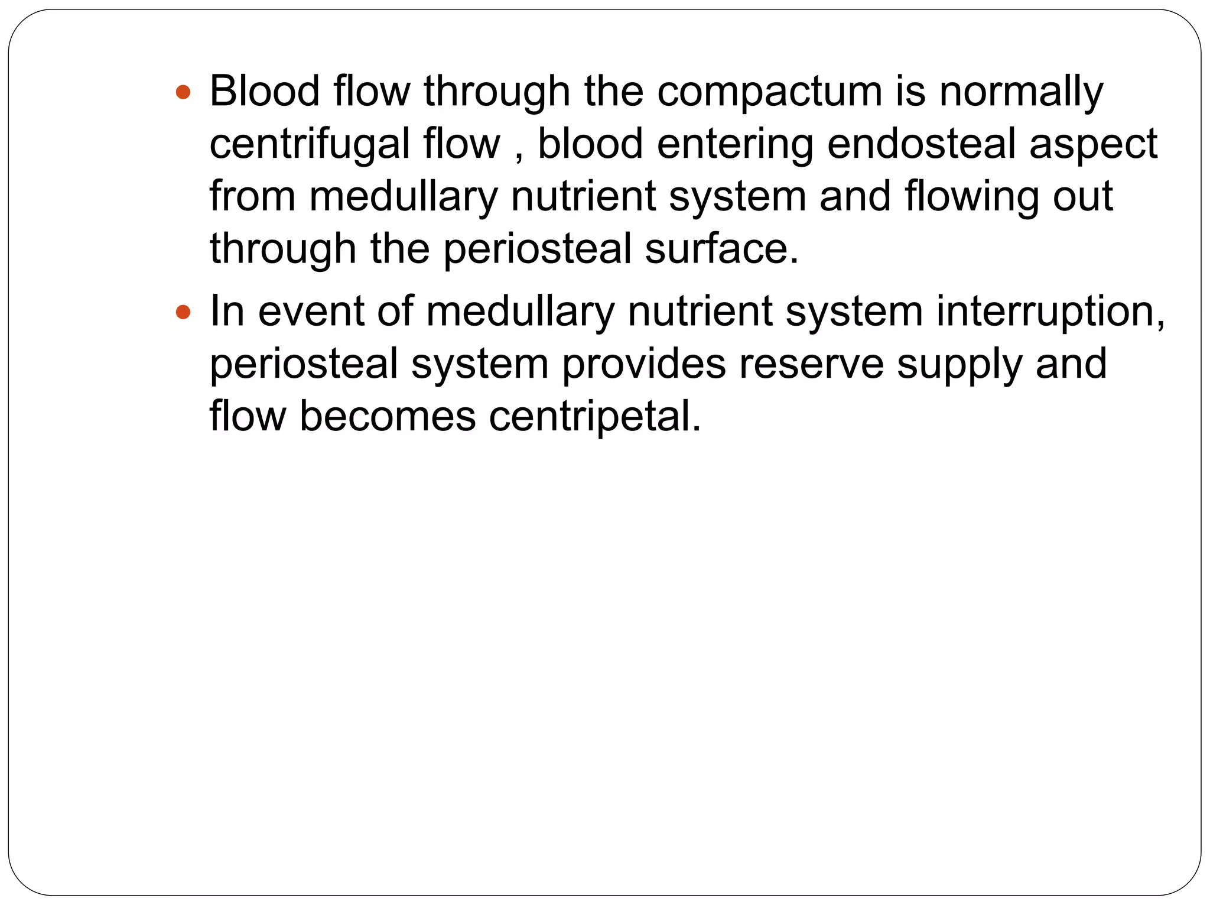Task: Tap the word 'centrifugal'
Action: pyautogui.click(x=310, y=145)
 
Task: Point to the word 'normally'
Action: pyautogui.click(x=1021, y=93)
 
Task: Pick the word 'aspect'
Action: pyautogui.click(x=1093, y=145)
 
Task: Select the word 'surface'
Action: pyautogui.click(x=717, y=249)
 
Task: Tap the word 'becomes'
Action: pyautogui.click(x=388, y=416)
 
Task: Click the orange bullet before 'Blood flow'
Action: pyautogui.click(x=183, y=92)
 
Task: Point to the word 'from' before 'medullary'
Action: pyautogui.click(x=252, y=196)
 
